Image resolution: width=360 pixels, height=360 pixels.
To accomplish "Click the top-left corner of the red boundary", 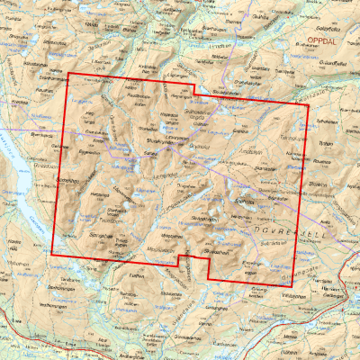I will (x=69, y=73).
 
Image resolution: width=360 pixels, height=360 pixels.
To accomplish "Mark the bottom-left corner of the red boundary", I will (x=51, y=255).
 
